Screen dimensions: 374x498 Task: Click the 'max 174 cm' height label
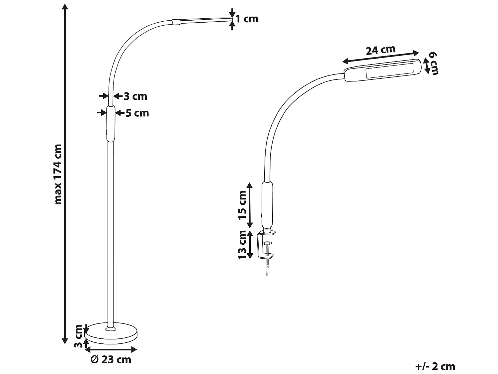point(58,174)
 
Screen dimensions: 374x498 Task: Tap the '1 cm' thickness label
point(247,19)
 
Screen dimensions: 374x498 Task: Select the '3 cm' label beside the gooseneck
point(135,96)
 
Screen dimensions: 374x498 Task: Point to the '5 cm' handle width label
point(137,113)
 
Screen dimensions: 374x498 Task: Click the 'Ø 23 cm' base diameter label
point(111,359)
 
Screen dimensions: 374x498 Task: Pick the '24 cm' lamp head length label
point(380,50)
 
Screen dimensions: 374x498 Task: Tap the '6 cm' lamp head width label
point(433,63)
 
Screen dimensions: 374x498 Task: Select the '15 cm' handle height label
point(243,205)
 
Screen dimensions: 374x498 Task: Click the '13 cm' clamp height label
point(243,245)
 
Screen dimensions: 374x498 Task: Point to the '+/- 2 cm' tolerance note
point(435,366)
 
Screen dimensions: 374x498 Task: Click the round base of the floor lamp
point(111,333)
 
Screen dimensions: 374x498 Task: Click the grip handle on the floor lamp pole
point(111,124)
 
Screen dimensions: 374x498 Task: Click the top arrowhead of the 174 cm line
point(65,7)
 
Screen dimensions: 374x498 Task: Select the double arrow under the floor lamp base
point(111,349)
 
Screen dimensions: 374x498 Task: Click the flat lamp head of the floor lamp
point(203,21)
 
